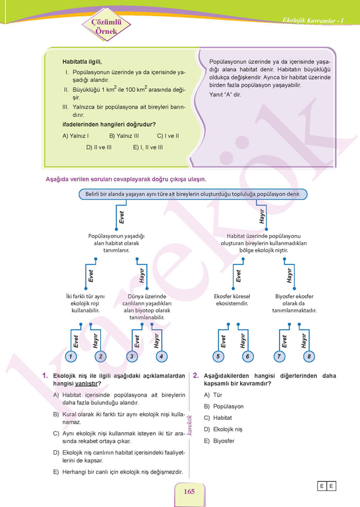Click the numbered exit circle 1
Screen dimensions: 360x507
[x=71, y=357]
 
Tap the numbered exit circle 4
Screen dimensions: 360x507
[x=162, y=357]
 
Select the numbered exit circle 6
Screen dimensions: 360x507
[x=247, y=357]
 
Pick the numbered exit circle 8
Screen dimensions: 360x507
[x=309, y=357]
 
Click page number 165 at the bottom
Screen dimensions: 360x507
[x=189, y=491]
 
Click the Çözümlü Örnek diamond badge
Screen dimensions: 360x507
[x=106, y=26]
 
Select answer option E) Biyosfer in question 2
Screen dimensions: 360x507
[x=219, y=441]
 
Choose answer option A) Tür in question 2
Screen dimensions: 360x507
[x=213, y=395]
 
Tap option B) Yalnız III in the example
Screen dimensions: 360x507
[x=124, y=136]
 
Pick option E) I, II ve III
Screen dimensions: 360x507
[x=148, y=147]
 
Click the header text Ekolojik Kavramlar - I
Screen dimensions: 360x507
[x=313, y=20]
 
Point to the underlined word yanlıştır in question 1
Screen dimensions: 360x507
[x=86, y=384]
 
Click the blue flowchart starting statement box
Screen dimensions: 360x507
[x=193, y=194]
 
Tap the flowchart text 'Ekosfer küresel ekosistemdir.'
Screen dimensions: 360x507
[x=232, y=300]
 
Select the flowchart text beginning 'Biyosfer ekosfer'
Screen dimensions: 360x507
[x=294, y=303]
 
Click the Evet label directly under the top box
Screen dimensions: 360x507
[x=122, y=217]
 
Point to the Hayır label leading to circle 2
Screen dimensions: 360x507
[x=95, y=341]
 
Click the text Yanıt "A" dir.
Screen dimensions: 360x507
[x=225, y=95]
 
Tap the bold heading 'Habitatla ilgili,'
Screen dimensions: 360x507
[x=82, y=61]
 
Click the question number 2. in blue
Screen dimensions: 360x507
[x=196, y=375]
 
